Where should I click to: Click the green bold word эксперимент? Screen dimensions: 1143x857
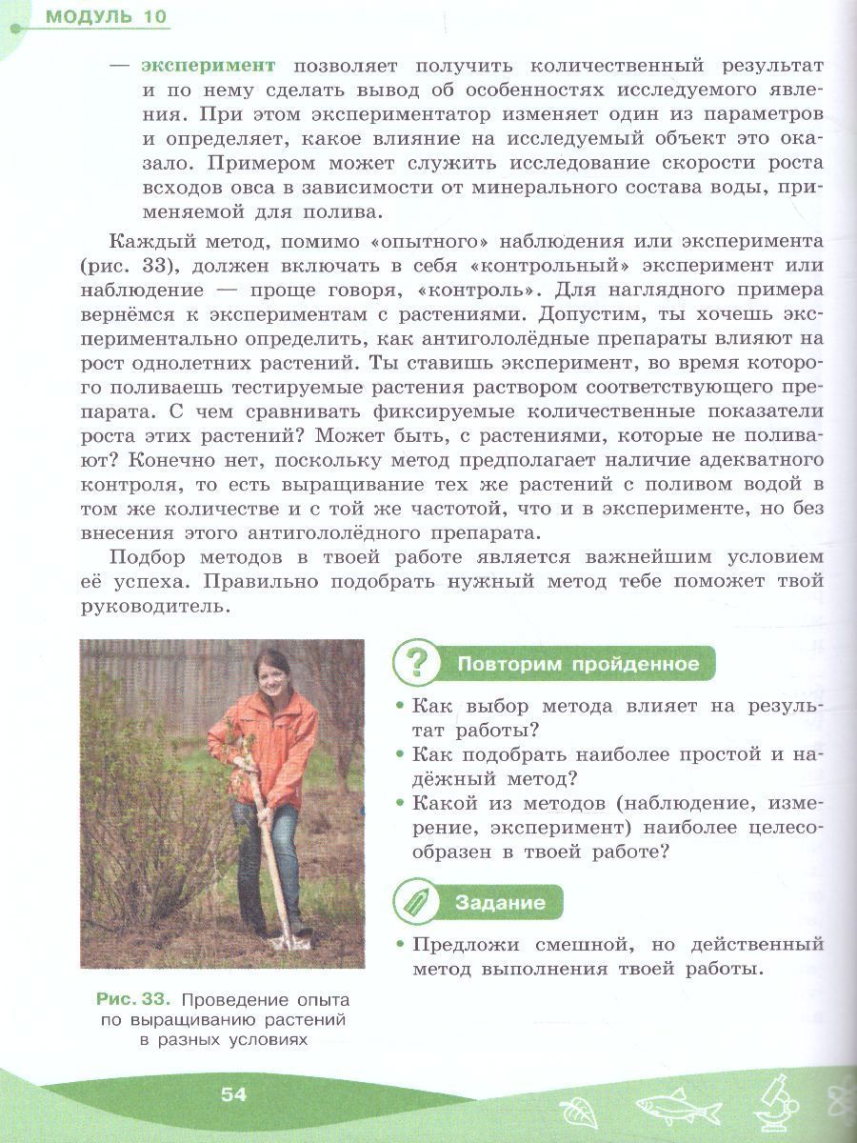209,65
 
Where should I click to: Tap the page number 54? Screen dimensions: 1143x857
233,1094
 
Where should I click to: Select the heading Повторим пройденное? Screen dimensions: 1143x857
578,664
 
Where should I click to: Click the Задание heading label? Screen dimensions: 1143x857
500,902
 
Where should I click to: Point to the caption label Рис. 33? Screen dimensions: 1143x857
133,1000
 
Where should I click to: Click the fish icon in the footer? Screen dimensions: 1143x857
678,1106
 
